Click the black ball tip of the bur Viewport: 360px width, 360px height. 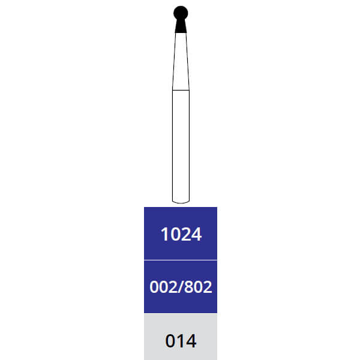[181, 13]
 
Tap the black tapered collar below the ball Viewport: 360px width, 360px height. [181, 26]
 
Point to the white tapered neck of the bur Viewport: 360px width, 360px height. [181, 61]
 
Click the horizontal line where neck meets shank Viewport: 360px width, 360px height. [181, 90]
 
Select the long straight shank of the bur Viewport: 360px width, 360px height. [181, 146]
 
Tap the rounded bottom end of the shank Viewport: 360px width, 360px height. [181, 202]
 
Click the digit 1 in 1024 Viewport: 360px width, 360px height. [165, 234]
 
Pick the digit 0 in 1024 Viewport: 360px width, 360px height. [175, 234]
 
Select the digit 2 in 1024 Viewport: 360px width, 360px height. [185, 234]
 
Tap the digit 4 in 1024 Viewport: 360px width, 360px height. [196, 234]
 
